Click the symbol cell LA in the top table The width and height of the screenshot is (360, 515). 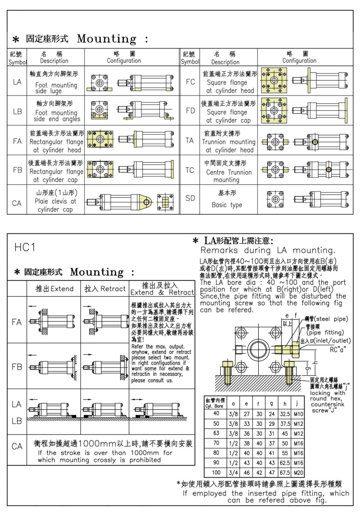(17, 82)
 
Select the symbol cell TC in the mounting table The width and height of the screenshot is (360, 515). (190, 170)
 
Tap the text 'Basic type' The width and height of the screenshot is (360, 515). (227, 205)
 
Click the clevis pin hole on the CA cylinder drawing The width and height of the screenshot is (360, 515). (147, 202)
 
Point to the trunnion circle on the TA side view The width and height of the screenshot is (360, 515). (315, 142)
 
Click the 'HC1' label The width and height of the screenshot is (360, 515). (24, 247)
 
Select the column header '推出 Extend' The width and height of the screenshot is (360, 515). (54, 288)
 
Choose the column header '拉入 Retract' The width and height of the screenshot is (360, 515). (105, 288)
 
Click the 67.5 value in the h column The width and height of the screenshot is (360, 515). (285, 473)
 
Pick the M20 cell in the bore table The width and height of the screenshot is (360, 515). (298, 473)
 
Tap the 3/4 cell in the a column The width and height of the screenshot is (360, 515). (233, 473)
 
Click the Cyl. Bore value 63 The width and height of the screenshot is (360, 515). (216, 433)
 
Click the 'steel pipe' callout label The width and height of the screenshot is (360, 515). (326, 319)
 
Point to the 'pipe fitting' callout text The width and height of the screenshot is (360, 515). (325, 332)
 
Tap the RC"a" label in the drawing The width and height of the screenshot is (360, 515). (338, 350)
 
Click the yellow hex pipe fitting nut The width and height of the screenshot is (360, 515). (296, 350)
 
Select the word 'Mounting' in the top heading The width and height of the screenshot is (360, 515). (107, 39)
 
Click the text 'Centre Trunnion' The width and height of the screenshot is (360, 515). (229, 172)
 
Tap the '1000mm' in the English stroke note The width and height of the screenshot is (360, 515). (145, 453)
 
